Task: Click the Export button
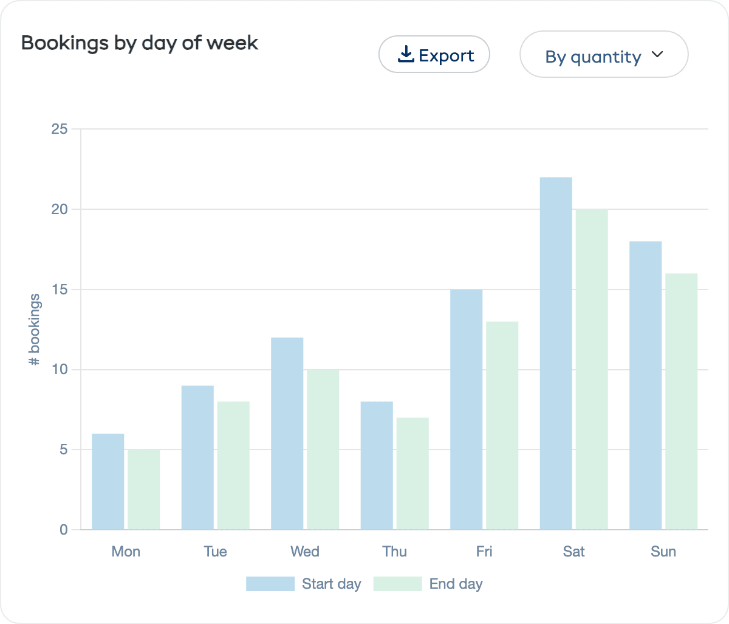pyautogui.click(x=434, y=55)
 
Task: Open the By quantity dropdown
pyautogui.click(x=603, y=55)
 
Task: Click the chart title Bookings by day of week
pyautogui.click(x=140, y=43)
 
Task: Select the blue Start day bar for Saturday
pyautogui.click(x=556, y=353)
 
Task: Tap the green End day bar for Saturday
pyautogui.click(x=592, y=369)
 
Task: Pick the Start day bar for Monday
pyautogui.click(x=108, y=482)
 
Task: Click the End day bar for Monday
pyautogui.click(x=144, y=490)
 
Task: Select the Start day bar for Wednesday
pyautogui.click(x=287, y=434)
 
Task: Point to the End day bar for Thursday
pyautogui.click(x=412, y=473)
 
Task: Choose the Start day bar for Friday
pyautogui.click(x=467, y=409)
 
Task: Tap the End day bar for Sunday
pyautogui.click(x=682, y=401)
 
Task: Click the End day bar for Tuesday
pyautogui.click(x=233, y=465)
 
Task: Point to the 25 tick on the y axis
pyautogui.click(x=60, y=129)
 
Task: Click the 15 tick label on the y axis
pyautogui.click(x=60, y=289)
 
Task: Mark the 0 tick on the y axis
pyautogui.click(x=64, y=530)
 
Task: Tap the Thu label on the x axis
pyautogui.click(x=394, y=552)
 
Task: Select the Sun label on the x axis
pyautogui.click(x=663, y=552)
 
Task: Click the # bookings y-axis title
pyautogui.click(x=35, y=330)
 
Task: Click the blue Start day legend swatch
pyautogui.click(x=270, y=584)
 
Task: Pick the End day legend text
pyautogui.click(x=456, y=584)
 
